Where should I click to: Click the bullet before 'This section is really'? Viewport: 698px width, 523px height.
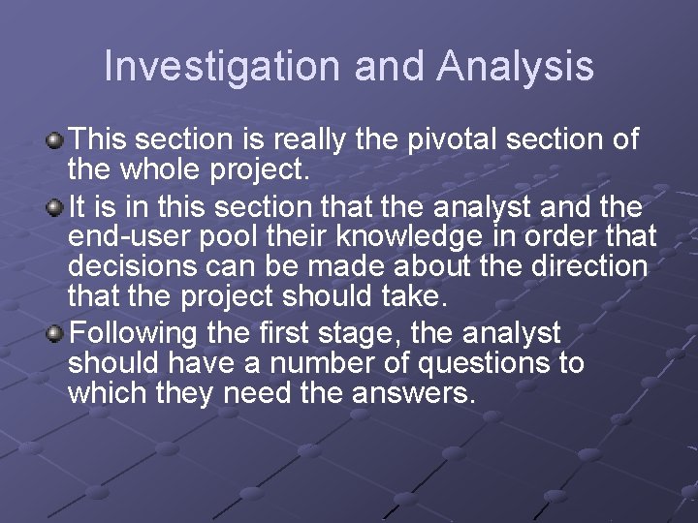(x=56, y=141)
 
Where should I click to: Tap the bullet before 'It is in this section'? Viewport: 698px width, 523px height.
(x=56, y=206)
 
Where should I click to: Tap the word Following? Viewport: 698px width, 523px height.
(x=135, y=334)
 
